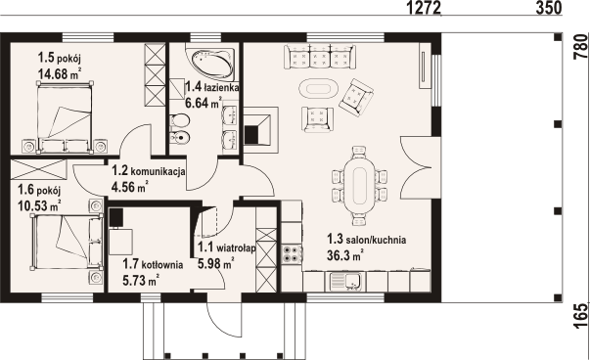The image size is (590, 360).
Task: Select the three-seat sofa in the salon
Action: tap(319, 57)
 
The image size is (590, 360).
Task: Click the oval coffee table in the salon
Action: tap(319, 89)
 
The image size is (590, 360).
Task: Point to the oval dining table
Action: tap(358, 185)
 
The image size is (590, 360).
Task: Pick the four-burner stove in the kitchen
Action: tap(292, 253)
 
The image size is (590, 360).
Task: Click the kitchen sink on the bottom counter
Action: tap(346, 282)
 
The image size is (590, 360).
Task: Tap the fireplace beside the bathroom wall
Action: tap(260, 126)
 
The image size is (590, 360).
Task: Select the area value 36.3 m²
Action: tap(344, 255)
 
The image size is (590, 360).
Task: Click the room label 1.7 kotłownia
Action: tap(153, 264)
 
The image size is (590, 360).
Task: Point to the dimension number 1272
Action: tap(424, 8)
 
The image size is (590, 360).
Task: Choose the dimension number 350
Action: tap(548, 8)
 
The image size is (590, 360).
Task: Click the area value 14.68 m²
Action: tap(60, 73)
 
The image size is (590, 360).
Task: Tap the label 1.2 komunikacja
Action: tap(149, 171)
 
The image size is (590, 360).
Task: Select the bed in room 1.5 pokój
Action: tap(66, 117)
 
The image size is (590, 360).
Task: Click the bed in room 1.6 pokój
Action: tap(67, 241)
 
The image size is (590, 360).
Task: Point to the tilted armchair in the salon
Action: tap(355, 97)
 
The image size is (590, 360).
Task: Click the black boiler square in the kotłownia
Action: tap(116, 217)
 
